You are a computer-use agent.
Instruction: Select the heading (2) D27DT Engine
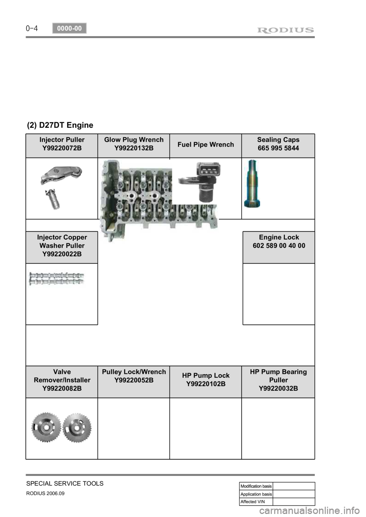click(60, 125)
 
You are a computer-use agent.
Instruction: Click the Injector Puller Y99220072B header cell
click(62, 144)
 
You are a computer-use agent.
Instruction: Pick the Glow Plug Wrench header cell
click(134, 144)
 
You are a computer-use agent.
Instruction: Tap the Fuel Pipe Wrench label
click(206, 145)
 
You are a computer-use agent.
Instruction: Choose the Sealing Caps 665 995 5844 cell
click(278, 144)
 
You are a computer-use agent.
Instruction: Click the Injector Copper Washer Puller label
click(62, 246)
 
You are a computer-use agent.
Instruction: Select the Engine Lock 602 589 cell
click(279, 242)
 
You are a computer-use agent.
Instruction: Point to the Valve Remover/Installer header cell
click(62, 380)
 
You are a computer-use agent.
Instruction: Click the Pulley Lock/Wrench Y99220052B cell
click(134, 376)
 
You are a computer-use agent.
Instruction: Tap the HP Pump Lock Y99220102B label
click(206, 380)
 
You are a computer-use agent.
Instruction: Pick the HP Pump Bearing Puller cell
click(278, 380)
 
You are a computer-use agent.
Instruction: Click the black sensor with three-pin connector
click(204, 183)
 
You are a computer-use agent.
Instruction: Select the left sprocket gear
click(45, 428)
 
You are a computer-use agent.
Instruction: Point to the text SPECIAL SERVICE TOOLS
click(65, 483)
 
